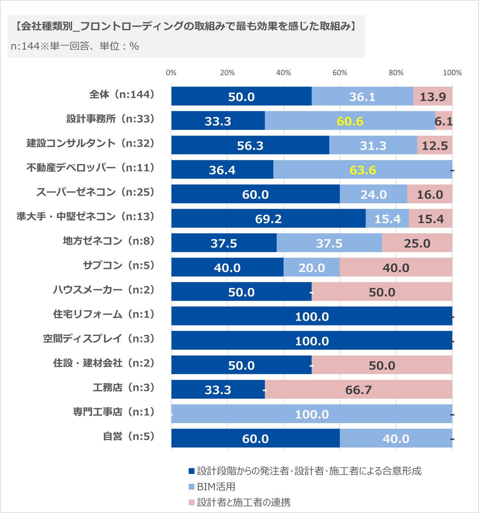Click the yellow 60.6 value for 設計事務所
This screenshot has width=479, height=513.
pos(350,121)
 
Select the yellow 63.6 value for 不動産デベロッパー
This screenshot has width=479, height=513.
pos(363,170)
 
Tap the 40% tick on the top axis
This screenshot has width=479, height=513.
pos(283,73)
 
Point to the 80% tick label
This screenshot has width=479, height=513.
pos(396,73)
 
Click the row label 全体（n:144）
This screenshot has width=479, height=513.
pos(122,94)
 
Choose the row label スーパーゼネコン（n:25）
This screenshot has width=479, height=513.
pos(95,192)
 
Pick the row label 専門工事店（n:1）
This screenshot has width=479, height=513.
pos(113,412)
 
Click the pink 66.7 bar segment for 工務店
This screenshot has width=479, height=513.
pos(358,389)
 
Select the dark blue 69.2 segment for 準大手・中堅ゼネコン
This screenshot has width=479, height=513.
pos(268,218)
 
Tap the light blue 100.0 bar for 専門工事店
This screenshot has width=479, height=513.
pos(312,414)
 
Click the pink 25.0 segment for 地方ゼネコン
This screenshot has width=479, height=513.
pos(417,243)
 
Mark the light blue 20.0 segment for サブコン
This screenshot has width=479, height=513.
pos(312,268)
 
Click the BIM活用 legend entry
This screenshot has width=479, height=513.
pos(216,487)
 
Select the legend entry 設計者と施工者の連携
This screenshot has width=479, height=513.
pos(243,502)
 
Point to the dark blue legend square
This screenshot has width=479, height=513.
pos(192,471)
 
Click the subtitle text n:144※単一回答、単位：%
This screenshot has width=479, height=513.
pos(75,46)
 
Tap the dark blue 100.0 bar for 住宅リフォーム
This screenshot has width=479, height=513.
pos(312,316)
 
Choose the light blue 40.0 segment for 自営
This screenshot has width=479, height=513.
pos(396,439)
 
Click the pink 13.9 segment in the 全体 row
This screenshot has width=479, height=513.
pos(433,97)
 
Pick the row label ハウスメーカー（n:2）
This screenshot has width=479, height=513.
pos(103,290)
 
